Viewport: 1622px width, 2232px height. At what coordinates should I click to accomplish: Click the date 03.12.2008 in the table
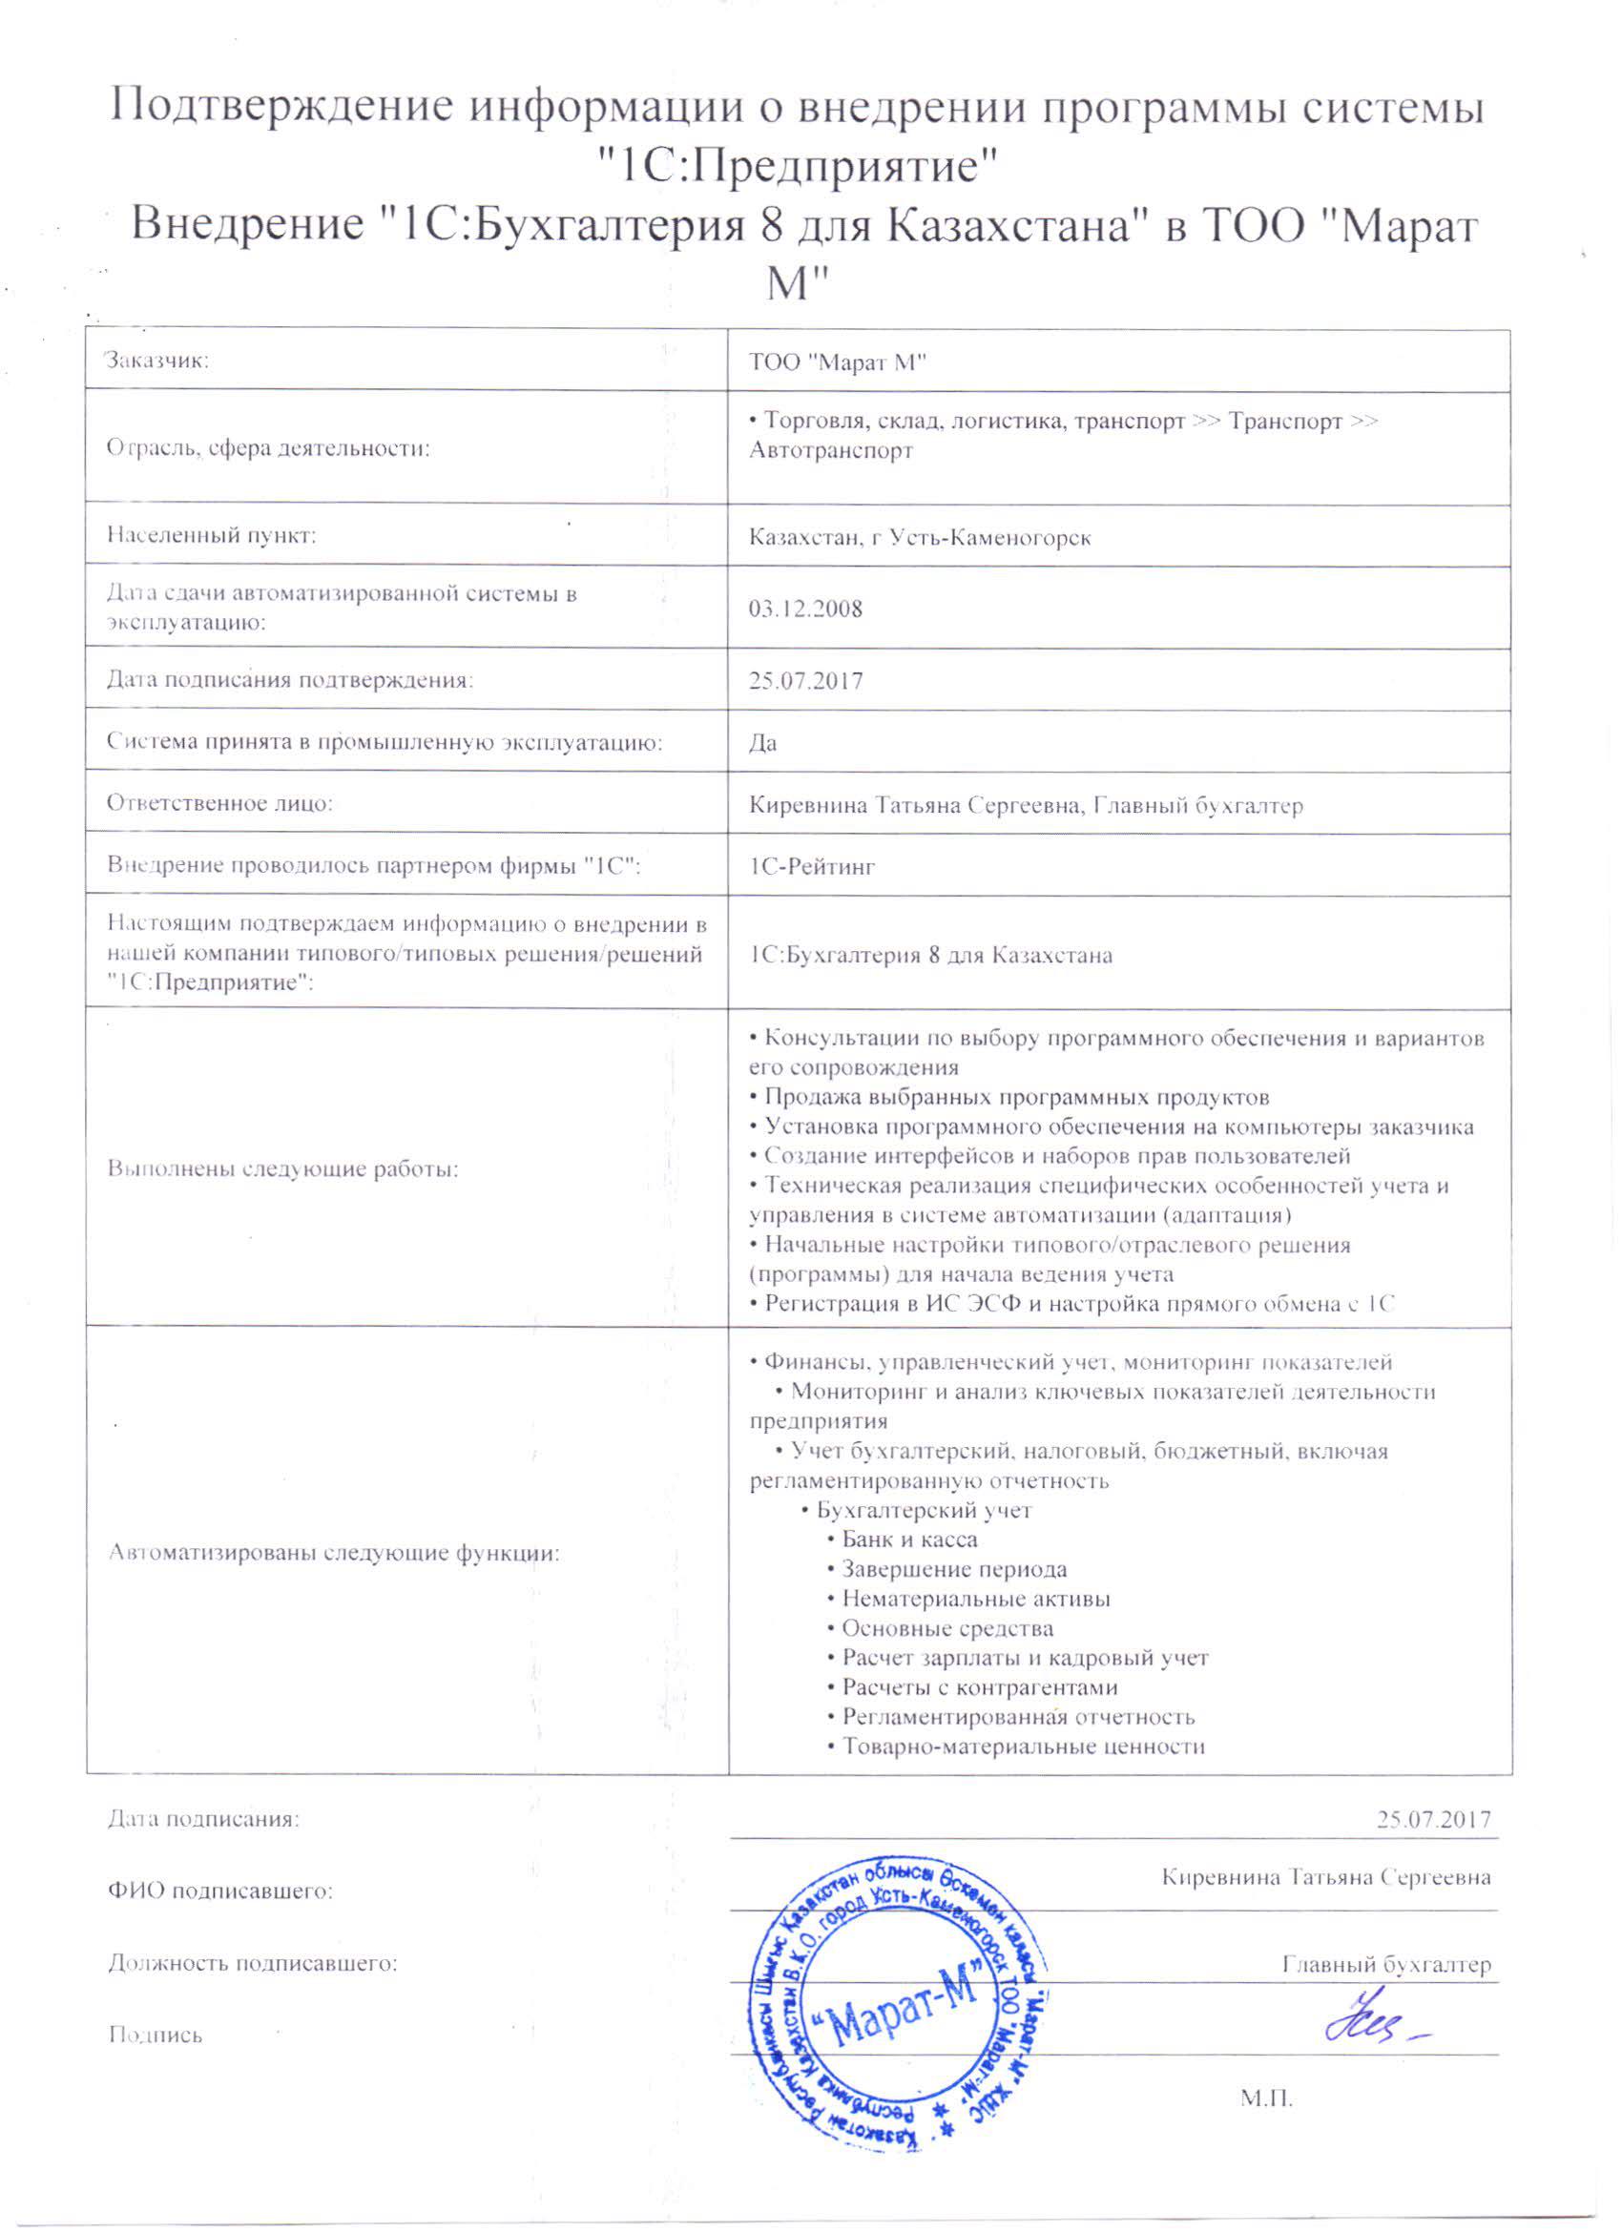tap(805, 609)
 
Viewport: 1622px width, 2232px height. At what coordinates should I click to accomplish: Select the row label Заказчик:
tap(157, 361)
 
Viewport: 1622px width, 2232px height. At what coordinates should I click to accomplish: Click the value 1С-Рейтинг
tap(812, 867)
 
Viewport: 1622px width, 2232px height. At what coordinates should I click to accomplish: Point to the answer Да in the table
tap(762, 743)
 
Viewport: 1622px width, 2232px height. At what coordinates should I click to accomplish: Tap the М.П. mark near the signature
tap(1266, 2099)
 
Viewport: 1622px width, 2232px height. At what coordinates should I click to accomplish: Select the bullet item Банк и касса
tap(908, 1540)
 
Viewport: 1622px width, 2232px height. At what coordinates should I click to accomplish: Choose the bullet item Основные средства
tap(946, 1628)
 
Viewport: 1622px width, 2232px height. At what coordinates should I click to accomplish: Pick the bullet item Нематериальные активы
tap(975, 1599)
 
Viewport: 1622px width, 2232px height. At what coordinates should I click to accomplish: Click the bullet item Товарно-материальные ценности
tap(1023, 1746)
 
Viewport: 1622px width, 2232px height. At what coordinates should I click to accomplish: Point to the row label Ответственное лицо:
tap(219, 803)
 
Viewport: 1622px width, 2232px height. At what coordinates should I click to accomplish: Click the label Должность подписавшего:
tap(252, 1963)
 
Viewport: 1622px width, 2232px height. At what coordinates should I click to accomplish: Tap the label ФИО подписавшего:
tap(219, 1891)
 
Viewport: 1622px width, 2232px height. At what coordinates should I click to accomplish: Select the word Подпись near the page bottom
tap(155, 2036)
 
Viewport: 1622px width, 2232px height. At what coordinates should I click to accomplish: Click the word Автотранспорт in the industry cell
tap(831, 451)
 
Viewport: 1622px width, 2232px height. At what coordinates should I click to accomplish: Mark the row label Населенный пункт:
tap(211, 535)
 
